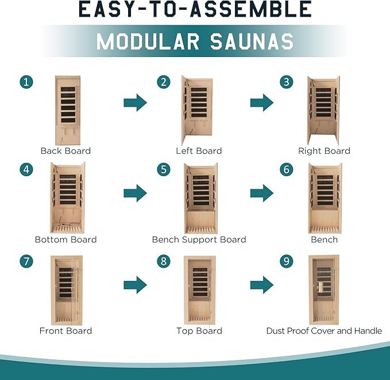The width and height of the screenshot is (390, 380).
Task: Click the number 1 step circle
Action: coord(26,82)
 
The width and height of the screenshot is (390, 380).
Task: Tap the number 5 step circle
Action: coord(164,169)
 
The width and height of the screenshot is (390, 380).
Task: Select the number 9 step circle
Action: coord(287,261)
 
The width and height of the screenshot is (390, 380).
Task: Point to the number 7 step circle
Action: coord(26,261)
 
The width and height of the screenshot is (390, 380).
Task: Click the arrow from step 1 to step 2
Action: coord(136,102)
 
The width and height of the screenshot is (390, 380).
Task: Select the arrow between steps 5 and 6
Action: coord(262,193)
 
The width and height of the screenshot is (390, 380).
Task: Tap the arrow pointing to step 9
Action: coord(262,285)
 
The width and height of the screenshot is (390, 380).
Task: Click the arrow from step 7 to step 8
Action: coord(136,285)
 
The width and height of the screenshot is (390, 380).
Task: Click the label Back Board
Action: coord(65,151)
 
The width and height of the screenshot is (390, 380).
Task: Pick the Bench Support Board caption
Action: coord(199,240)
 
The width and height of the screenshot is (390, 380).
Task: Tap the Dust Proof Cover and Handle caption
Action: coord(324,331)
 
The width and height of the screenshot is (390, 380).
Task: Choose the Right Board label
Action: coord(324,151)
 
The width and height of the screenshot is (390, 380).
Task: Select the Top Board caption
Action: coord(199,331)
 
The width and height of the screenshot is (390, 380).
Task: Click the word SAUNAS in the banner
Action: coord(252,41)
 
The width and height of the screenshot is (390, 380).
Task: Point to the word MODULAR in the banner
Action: coord(148,41)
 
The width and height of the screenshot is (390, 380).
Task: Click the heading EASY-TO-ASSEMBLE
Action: coord(195,9)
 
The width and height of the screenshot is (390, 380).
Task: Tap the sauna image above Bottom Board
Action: coord(68,197)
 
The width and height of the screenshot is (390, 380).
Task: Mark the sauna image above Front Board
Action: coord(67,290)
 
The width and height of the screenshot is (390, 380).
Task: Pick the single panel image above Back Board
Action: coord(68,110)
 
